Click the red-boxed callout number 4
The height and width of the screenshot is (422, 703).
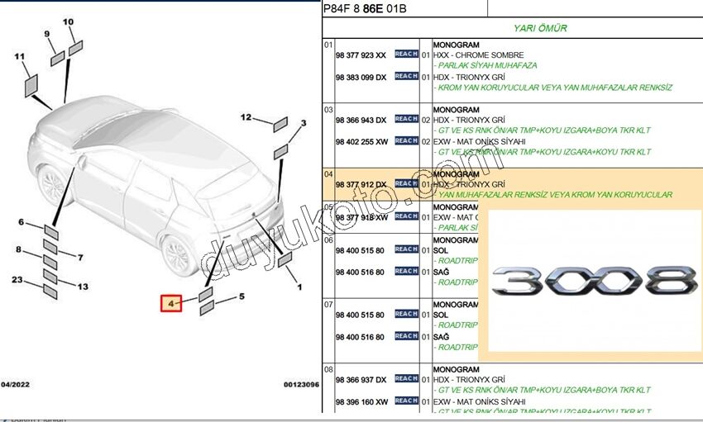(x=171, y=304)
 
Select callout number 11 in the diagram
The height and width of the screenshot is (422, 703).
(x=20, y=56)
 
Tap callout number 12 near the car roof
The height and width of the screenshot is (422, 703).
(x=246, y=117)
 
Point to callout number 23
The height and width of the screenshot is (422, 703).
(x=17, y=279)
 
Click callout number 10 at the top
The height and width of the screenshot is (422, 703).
(x=68, y=21)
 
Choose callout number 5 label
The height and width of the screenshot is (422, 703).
(x=242, y=296)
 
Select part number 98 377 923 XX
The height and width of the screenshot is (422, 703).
(x=361, y=55)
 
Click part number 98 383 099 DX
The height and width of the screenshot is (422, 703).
(x=361, y=77)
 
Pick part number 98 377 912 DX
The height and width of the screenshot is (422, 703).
(x=361, y=184)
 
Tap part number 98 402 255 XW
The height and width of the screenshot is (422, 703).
(x=361, y=141)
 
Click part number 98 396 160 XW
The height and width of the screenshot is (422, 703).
(x=361, y=401)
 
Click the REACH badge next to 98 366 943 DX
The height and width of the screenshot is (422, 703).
(x=406, y=119)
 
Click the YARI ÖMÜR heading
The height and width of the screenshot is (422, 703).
(x=539, y=28)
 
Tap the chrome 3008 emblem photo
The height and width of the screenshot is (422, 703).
(x=591, y=282)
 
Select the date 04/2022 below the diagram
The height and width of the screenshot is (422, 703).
(x=17, y=384)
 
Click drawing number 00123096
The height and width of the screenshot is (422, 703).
(x=301, y=384)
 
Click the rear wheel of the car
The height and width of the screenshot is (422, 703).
(x=178, y=253)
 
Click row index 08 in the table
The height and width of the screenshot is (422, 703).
(x=328, y=369)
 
